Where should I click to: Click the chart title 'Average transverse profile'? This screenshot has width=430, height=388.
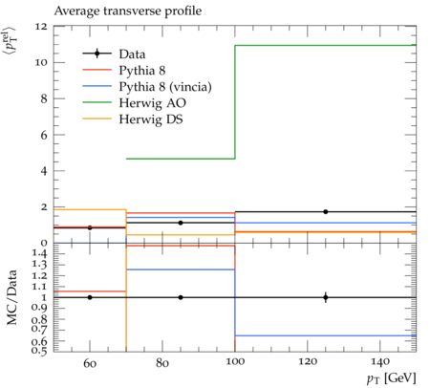point(128,11)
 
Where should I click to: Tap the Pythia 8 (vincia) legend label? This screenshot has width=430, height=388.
point(165,87)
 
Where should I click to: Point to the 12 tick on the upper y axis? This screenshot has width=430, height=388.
point(41,27)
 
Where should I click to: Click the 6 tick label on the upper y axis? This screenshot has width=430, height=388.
point(44,135)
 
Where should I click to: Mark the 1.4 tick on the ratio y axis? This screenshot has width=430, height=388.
point(39,254)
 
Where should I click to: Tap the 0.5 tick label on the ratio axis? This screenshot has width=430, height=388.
point(39,351)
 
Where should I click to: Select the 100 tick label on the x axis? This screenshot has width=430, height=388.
point(235,362)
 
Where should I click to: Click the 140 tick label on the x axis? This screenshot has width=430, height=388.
point(380,362)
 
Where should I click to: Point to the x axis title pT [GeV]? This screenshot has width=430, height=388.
point(392,378)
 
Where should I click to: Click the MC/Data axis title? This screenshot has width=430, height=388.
point(11,297)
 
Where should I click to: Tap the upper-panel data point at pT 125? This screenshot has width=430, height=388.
point(326,212)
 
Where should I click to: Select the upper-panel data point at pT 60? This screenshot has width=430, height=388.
point(90,227)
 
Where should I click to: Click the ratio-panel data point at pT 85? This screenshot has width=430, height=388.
point(181,297)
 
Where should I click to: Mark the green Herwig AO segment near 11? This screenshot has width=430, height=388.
point(326,45)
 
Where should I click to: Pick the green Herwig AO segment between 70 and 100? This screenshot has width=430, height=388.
point(181,159)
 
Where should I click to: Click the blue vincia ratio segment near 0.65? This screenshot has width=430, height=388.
point(326,335)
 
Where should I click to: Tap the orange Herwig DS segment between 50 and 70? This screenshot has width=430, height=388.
point(90,209)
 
